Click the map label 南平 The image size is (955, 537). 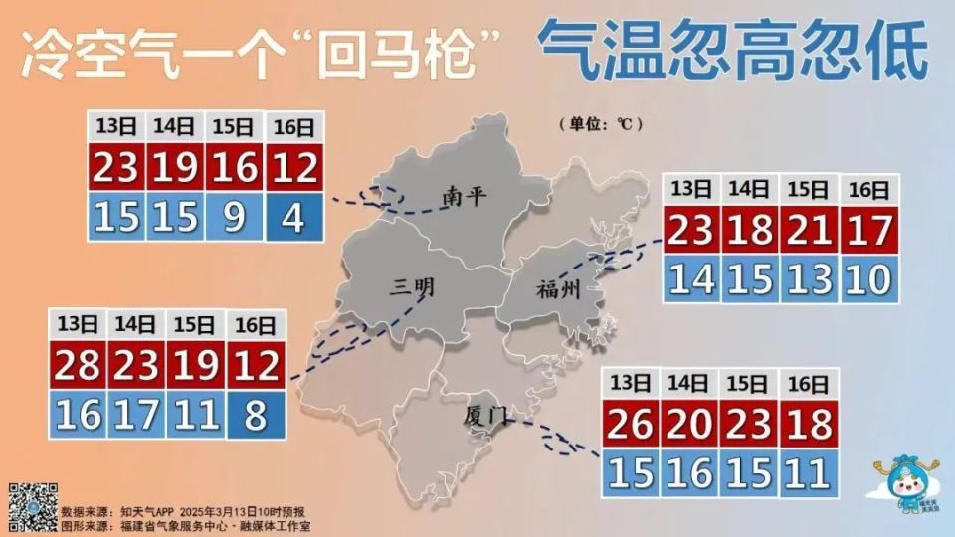[465, 196]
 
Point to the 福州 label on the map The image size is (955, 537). [557, 290]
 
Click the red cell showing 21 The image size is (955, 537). [811, 232]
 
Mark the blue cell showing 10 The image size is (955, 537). [869, 279]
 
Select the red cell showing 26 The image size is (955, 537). [631, 426]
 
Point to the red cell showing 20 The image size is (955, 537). [689, 426]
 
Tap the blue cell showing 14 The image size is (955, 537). [691, 279]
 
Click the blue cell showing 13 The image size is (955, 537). [811, 279]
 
